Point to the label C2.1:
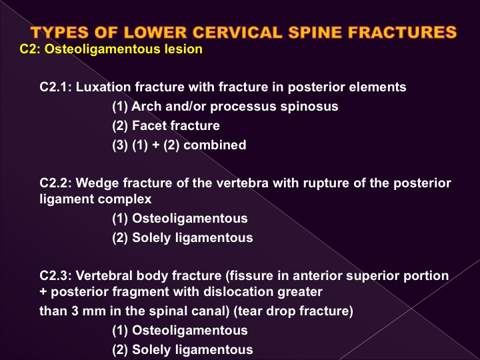click(56, 87)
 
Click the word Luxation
click(104, 87)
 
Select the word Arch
click(146, 107)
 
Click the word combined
click(215, 145)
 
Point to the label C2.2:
click(56, 183)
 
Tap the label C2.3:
click(56, 276)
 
